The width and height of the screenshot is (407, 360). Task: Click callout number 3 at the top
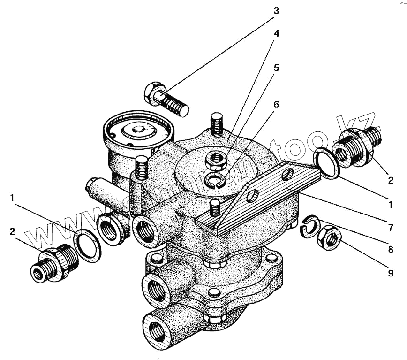tap(276, 10)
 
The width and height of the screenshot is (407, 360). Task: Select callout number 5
tap(276, 68)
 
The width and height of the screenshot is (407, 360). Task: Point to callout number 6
tap(276, 104)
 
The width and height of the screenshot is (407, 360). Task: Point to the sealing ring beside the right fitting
tap(327, 163)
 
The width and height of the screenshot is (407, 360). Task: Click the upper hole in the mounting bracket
tap(286, 174)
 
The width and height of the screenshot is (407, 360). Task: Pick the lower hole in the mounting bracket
tap(252, 195)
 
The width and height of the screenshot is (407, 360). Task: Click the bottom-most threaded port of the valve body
tap(154, 328)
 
